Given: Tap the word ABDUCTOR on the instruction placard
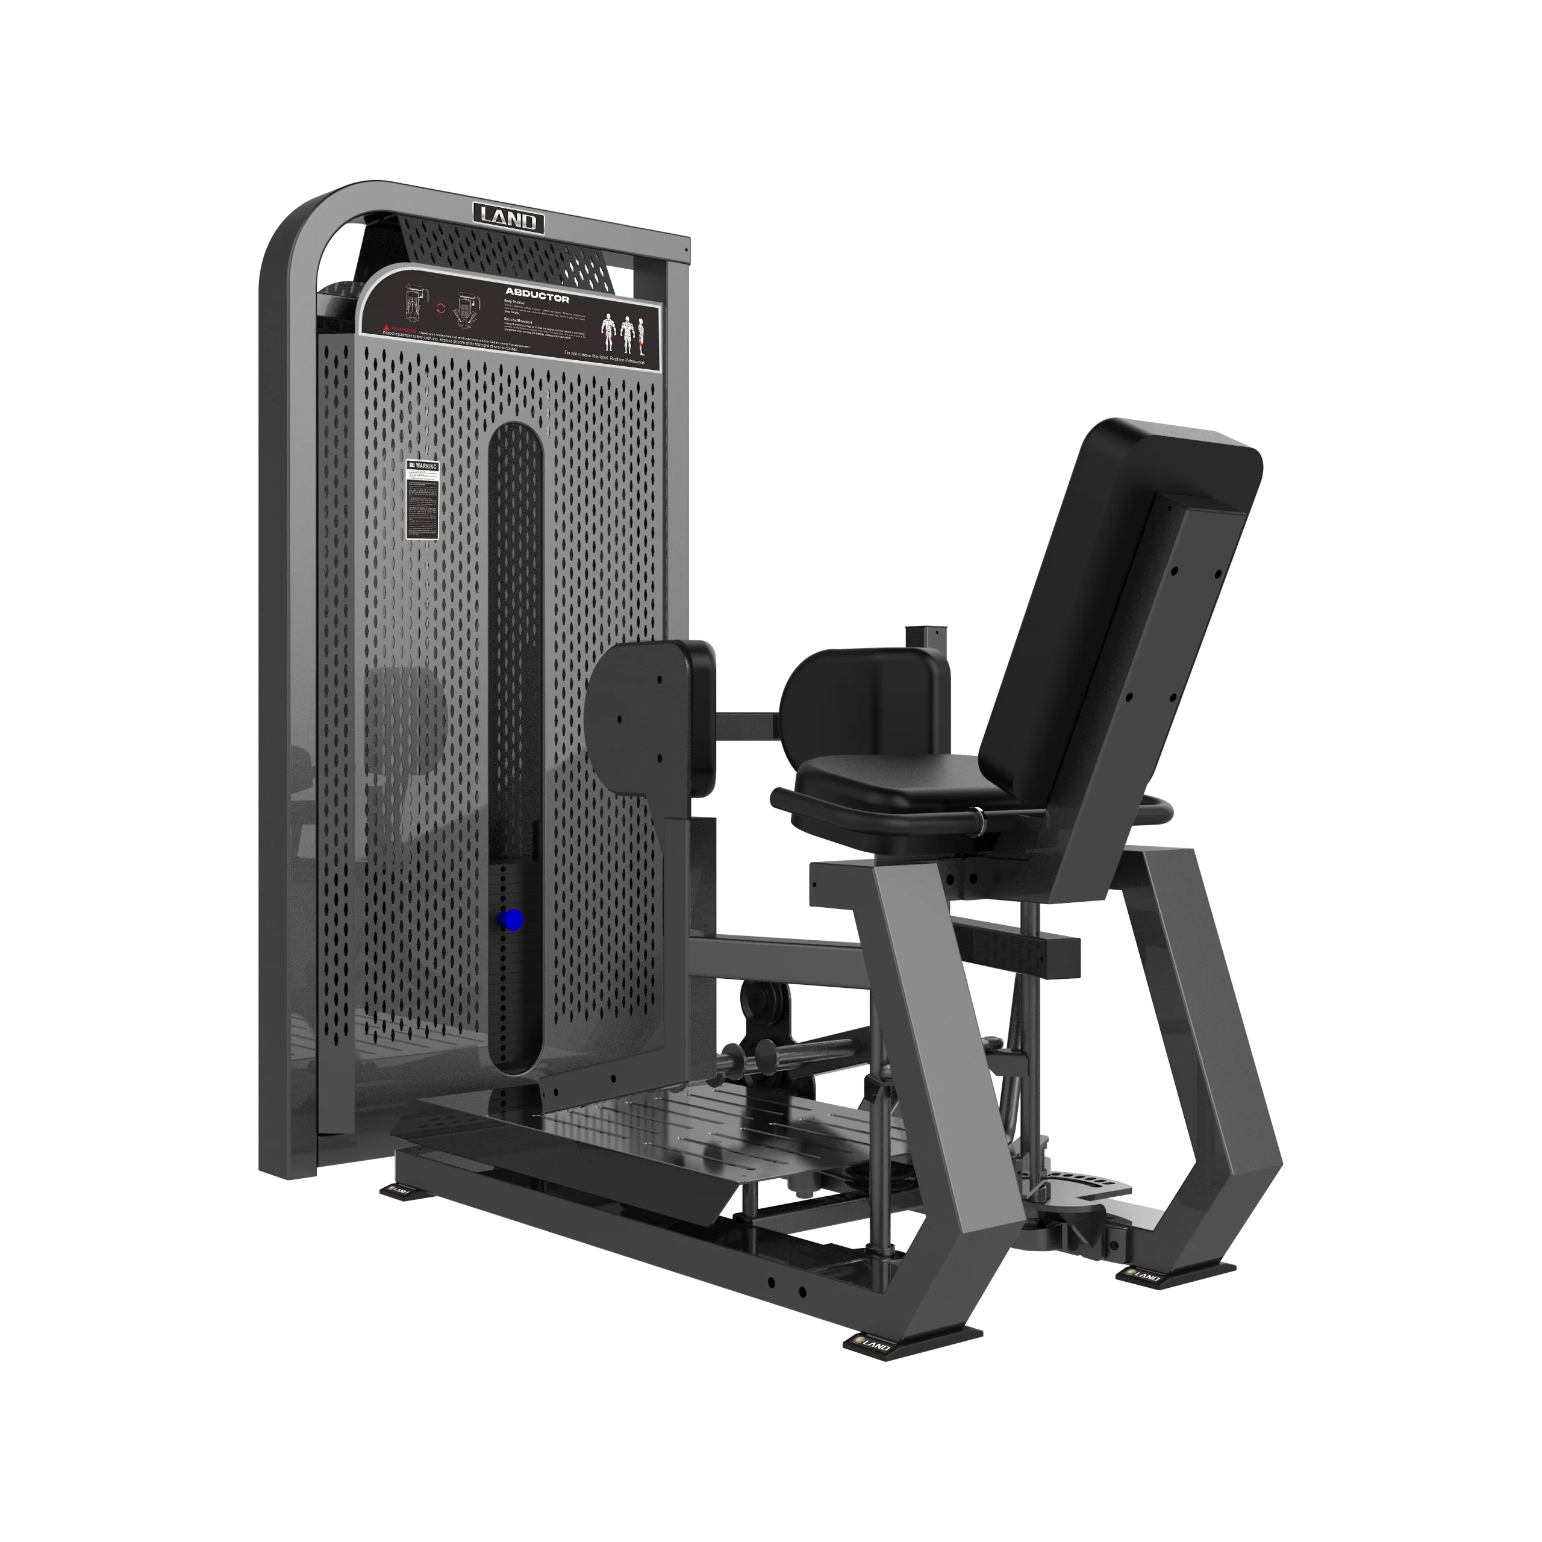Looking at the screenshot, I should pos(536,295).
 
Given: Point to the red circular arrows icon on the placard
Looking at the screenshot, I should pos(440,307).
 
